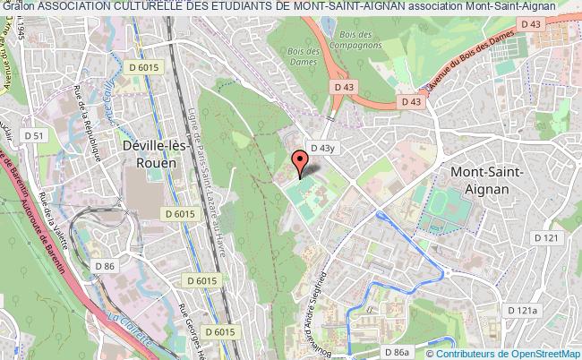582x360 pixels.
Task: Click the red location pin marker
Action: point(300,163)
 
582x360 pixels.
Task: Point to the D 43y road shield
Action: point(321,147)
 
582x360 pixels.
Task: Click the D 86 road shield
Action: point(105,265)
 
